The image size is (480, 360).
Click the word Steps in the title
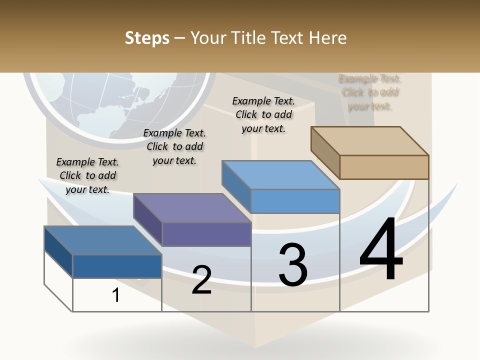pyautogui.click(x=147, y=38)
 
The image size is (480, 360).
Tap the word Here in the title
pyautogui.click(x=328, y=38)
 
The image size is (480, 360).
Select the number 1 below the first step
pyautogui.click(x=116, y=295)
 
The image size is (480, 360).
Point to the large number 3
pyautogui.click(x=293, y=265)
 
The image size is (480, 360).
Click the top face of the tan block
pyautogui.click(x=370, y=140)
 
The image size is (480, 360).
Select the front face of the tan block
pyautogui.click(x=384, y=167)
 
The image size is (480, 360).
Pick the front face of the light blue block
pyautogui.click(x=295, y=201)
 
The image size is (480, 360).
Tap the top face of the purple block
pyautogui.click(x=192, y=208)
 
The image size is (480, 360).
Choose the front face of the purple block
pyautogui.click(x=206, y=234)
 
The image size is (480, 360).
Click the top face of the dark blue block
pyautogui.click(x=103, y=240)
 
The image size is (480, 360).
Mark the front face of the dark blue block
pyautogui.click(x=117, y=266)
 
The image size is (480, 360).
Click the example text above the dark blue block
pyautogui.click(x=87, y=175)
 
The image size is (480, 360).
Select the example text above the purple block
pyautogui.click(x=174, y=146)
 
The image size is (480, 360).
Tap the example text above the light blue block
pyautogui.click(x=263, y=114)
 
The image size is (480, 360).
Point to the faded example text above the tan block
pyautogui.click(x=370, y=92)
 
